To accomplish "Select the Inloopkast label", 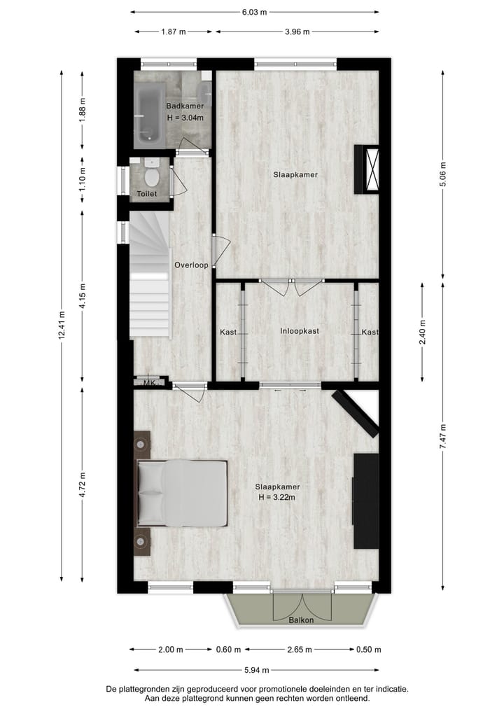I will click(300, 331).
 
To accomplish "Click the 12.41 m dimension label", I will click(62, 325).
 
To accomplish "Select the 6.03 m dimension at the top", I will click(255, 11).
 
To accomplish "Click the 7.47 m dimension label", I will click(442, 436).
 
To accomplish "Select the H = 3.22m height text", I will click(278, 498).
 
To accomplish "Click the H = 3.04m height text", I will click(185, 118).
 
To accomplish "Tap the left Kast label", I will click(228, 332).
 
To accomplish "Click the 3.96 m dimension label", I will click(297, 32).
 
